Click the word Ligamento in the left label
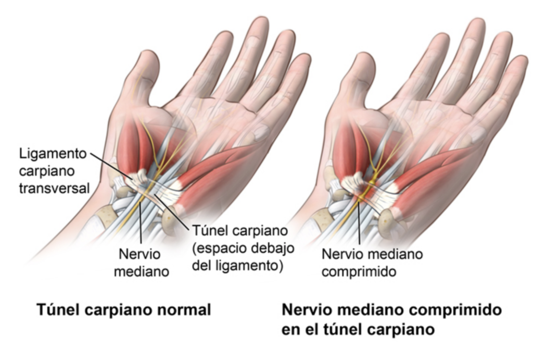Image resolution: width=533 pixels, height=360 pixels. click(53, 154)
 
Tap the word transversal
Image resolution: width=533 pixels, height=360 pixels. click(54, 188)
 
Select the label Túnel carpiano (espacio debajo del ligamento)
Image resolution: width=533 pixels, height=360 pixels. click(243, 248)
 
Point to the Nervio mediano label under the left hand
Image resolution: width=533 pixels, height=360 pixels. click(142, 263)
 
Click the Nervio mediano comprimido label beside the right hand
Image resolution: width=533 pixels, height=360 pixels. click(372, 263)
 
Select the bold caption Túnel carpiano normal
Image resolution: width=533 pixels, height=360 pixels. click(124, 310)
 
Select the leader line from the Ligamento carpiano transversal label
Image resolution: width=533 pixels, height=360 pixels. click(111, 166)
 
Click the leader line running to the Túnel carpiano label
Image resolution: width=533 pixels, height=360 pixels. click(172, 212)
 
